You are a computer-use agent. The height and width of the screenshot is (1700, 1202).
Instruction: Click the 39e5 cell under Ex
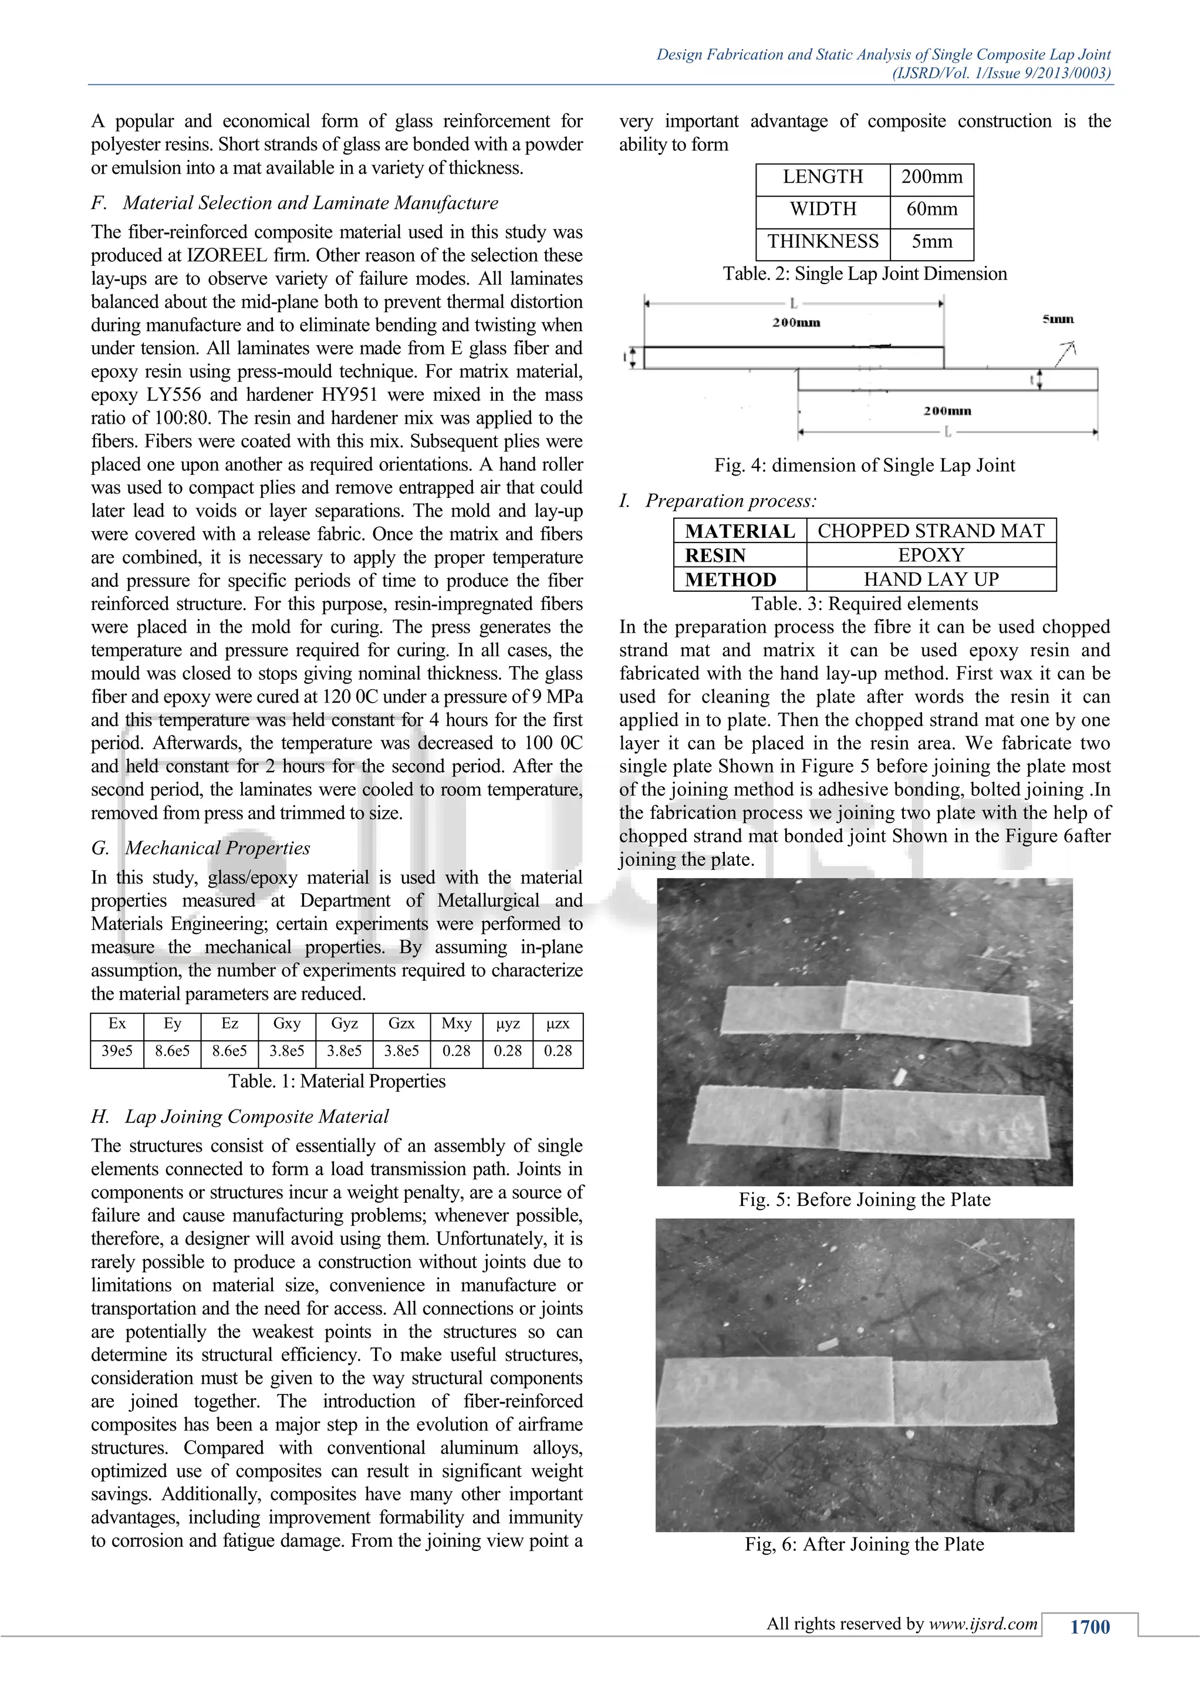pos(117,1051)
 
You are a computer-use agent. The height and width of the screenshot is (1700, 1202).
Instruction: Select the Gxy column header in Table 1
pos(286,1023)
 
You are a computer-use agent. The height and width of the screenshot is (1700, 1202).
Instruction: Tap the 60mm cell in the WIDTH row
pos(931,209)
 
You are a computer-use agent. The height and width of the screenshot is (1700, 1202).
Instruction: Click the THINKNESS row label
pos(822,241)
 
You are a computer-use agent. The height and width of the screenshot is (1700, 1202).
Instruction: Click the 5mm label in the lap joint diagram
pos(1058,319)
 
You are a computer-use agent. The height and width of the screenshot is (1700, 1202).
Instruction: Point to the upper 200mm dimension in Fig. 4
pos(796,323)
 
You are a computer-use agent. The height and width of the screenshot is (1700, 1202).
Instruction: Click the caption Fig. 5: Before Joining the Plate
pos(864,1199)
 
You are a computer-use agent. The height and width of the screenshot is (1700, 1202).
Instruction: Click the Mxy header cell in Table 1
pos(456,1023)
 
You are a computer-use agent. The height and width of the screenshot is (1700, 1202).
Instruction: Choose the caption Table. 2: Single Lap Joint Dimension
pos(865,274)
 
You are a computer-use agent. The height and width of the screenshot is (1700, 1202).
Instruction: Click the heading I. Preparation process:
pos(717,501)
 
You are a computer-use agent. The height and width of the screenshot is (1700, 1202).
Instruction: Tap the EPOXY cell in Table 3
pos(930,555)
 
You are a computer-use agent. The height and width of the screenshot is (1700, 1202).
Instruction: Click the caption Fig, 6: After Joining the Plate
pos(864,1544)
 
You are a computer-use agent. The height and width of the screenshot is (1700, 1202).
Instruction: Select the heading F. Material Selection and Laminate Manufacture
pos(295,203)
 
